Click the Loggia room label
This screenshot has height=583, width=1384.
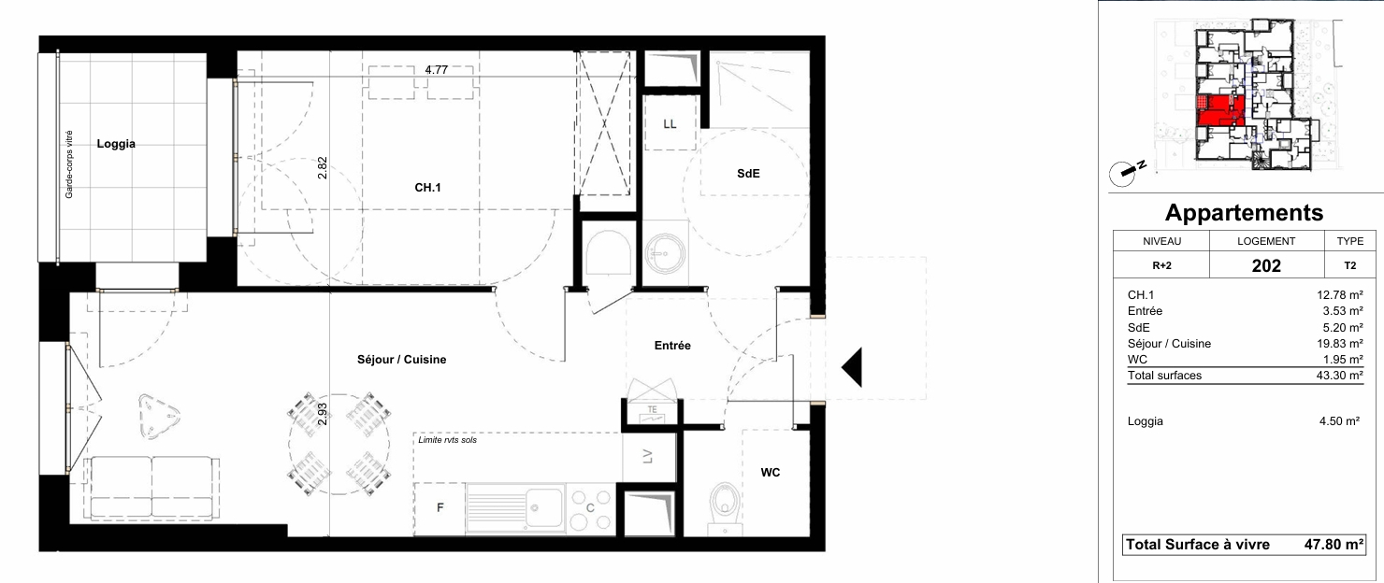click(x=116, y=144)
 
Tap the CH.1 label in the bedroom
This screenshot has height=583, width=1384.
click(x=427, y=188)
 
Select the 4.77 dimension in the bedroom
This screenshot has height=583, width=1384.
click(x=436, y=70)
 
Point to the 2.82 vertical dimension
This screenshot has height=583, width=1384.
click(x=322, y=168)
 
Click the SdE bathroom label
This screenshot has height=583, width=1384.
click(x=748, y=174)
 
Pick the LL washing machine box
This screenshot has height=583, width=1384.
click(x=670, y=122)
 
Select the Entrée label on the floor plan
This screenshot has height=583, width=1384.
click(x=672, y=346)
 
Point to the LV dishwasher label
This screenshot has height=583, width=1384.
click(x=647, y=456)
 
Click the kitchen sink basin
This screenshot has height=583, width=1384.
click(x=544, y=507)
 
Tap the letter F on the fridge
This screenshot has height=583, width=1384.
click(x=440, y=507)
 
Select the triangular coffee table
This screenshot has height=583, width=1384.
click(x=159, y=417)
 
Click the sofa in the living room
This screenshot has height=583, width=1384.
click(x=152, y=488)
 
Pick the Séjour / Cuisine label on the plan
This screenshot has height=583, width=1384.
click(x=401, y=360)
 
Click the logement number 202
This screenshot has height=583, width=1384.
click(x=1266, y=265)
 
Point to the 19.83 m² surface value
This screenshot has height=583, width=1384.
click(x=1339, y=344)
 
